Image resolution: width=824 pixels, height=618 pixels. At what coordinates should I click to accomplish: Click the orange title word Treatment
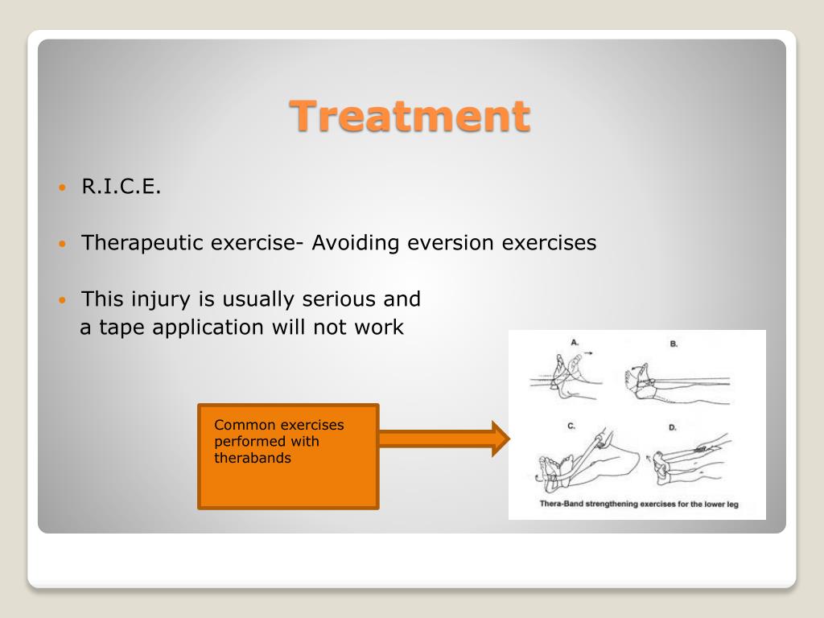410,116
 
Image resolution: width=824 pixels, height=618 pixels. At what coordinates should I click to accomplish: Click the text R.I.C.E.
121,186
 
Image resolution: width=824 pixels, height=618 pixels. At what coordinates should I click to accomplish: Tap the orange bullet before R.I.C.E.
63,187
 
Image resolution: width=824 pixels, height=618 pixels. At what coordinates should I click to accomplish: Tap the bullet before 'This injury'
63,300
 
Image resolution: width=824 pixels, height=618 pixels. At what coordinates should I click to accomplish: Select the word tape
122,328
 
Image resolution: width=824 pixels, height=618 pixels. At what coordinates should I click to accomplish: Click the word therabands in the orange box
252,458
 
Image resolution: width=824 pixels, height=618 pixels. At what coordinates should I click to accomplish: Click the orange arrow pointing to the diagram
444,439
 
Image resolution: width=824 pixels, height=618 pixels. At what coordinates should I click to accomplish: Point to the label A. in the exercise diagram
575,343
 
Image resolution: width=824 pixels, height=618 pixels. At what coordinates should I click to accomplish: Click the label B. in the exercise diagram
674,344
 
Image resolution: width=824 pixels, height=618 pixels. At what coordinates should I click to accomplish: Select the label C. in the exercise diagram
571,426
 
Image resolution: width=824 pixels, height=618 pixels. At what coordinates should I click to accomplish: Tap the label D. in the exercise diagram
672,428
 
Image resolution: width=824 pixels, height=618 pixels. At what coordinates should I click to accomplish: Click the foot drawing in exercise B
640,380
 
